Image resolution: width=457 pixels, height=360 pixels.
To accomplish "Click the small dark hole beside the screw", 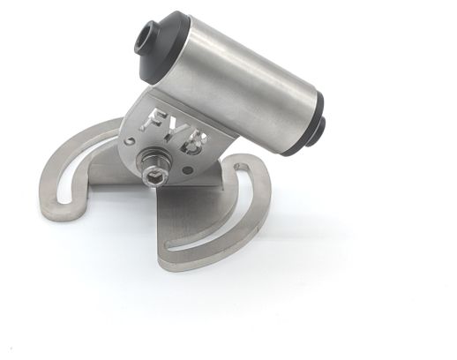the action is [x=187, y=170].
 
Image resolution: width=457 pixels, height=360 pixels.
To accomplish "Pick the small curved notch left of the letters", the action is [x=129, y=140].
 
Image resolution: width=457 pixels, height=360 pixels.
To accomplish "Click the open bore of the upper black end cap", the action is [x=143, y=38].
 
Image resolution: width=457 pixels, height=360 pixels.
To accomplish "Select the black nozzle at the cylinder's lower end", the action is [x=319, y=129].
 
